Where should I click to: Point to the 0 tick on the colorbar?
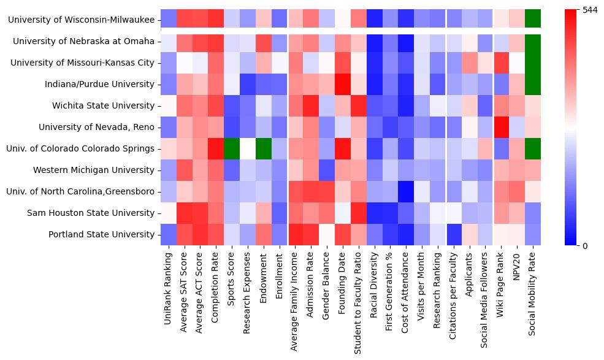[x=585, y=245]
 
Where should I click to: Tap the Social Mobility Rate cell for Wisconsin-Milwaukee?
[x=533, y=20]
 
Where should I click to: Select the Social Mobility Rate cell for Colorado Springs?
[x=533, y=149]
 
